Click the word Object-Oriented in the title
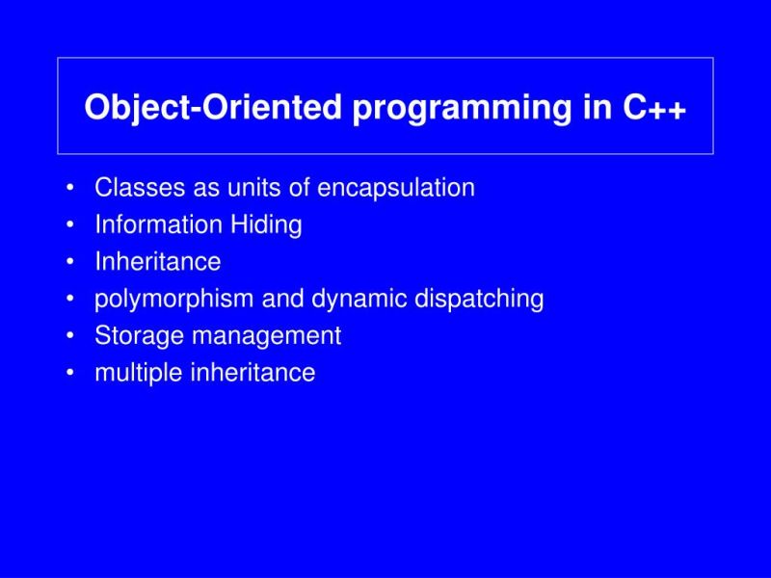point(213,108)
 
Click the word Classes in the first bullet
point(130,188)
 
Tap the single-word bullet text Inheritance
point(158,262)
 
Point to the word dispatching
point(479,300)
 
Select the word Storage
point(132,336)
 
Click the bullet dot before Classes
point(72,189)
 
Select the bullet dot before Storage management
point(72,337)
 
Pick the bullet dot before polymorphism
point(72,300)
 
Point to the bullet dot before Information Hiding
point(72,225)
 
